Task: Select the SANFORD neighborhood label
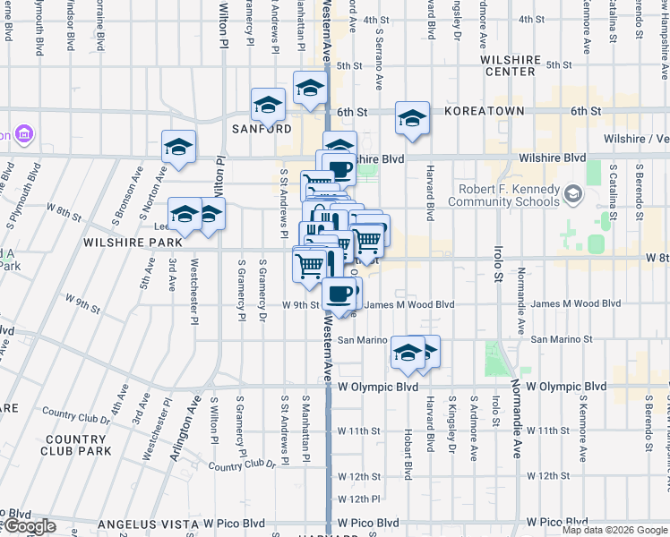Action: [x=262, y=129]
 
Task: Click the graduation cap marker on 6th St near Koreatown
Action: [x=412, y=117]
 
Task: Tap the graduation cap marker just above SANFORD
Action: [x=268, y=106]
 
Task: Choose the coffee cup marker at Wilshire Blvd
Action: [x=340, y=168]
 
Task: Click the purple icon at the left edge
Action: [x=24, y=135]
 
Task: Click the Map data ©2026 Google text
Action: [x=614, y=530]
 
